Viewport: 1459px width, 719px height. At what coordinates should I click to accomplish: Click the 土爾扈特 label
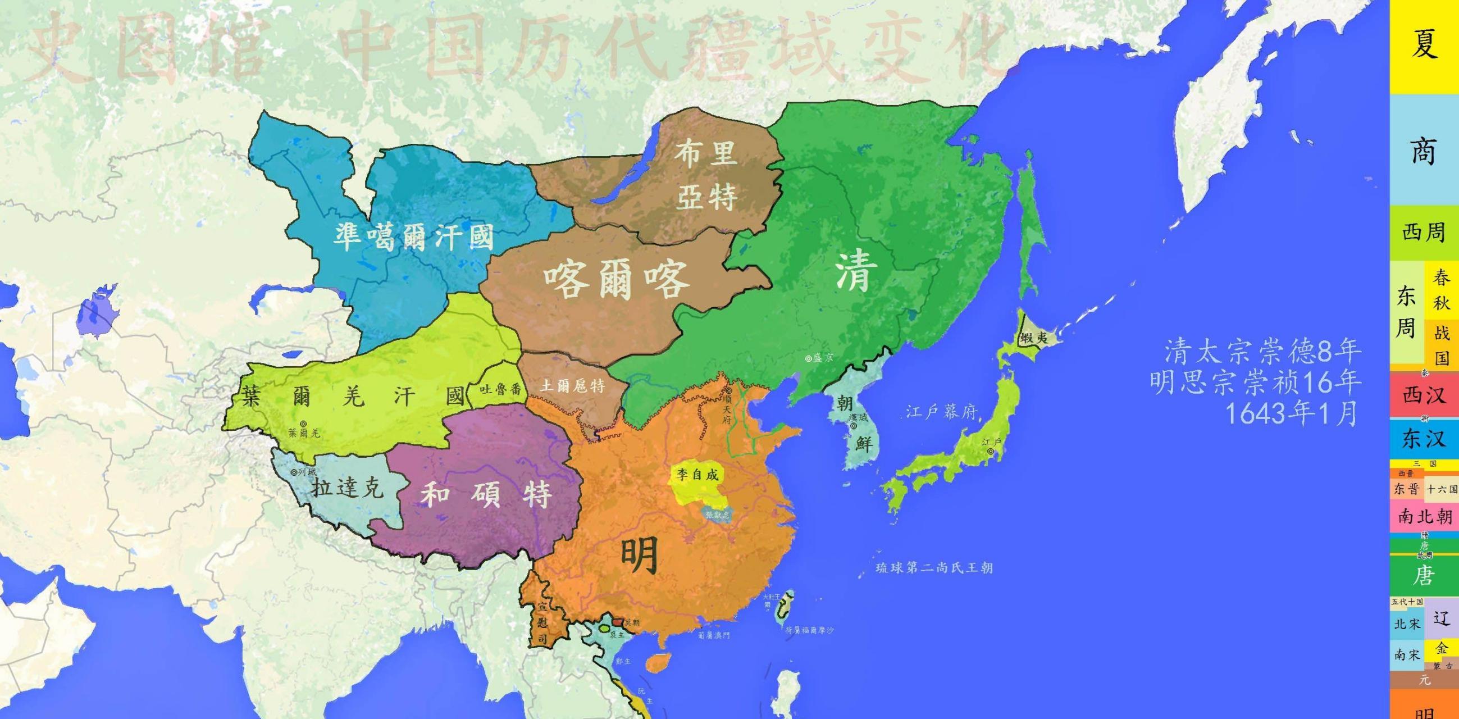pyautogui.click(x=573, y=386)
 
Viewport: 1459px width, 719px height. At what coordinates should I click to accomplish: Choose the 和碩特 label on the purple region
pyautogui.click(x=486, y=495)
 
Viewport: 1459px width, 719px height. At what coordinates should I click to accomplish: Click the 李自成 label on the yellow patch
pyautogui.click(x=697, y=474)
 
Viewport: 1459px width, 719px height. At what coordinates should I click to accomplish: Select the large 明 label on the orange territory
pyautogui.click(x=640, y=555)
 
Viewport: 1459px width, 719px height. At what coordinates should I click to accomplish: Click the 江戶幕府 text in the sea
pyautogui.click(x=941, y=412)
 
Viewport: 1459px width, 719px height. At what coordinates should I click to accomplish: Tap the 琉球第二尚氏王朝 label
pyautogui.click(x=934, y=568)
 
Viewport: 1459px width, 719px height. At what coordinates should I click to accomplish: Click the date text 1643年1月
pyautogui.click(x=1291, y=413)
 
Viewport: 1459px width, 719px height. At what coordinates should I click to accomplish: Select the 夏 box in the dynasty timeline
pyautogui.click(x=1424, y=45)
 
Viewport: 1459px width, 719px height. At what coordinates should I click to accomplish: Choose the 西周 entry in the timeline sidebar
pyautogui.click(x=1424, y=233)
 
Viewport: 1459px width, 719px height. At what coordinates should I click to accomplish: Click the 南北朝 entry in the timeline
pyautogui.click(x=1424, y=516)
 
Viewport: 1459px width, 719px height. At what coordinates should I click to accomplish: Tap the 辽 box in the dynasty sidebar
pyautogui.click(x=1442, y=618)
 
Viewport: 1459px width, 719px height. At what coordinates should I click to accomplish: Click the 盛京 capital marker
pyautogui.click(x=809, y=358)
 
